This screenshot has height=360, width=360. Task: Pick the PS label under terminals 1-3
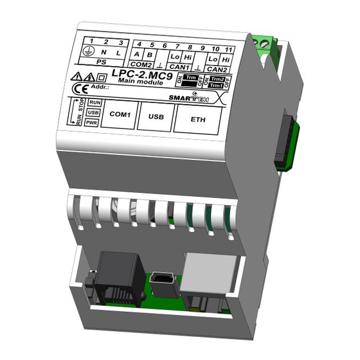pyautogui.click(x=102, y=64)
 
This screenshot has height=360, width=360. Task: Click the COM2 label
pyautogui.click(x=141, y=64)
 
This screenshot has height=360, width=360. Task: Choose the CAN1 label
pyautogui.click(x=181, y=67)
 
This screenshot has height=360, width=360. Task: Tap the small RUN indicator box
pyautogui.click(x=94, y=102)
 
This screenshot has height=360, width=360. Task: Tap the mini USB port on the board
pyautogui.click(x=160, y=281)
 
